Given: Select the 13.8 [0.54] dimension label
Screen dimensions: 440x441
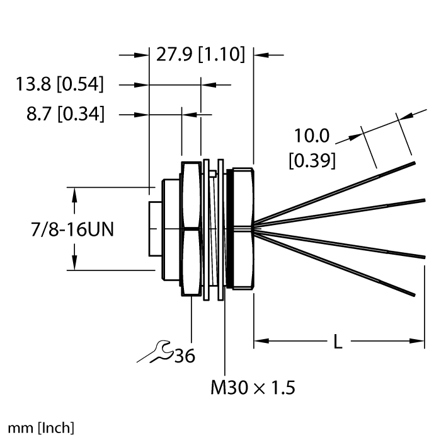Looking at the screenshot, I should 60,84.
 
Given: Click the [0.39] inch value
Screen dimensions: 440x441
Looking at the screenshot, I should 311,161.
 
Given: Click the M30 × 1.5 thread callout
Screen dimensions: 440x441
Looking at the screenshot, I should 252,386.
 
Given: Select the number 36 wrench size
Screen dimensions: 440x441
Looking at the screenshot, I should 184,356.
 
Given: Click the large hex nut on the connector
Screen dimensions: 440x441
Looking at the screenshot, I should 192,228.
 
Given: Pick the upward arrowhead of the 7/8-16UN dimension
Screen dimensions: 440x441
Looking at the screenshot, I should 76,192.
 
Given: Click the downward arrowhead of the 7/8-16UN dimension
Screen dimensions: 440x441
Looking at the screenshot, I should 76,265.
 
